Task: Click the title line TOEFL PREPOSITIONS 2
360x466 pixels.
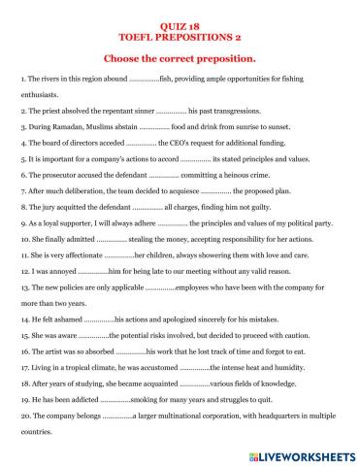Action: [180, 30]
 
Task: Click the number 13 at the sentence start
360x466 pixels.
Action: [24, 285]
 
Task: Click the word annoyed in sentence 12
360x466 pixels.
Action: [59, 270]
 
